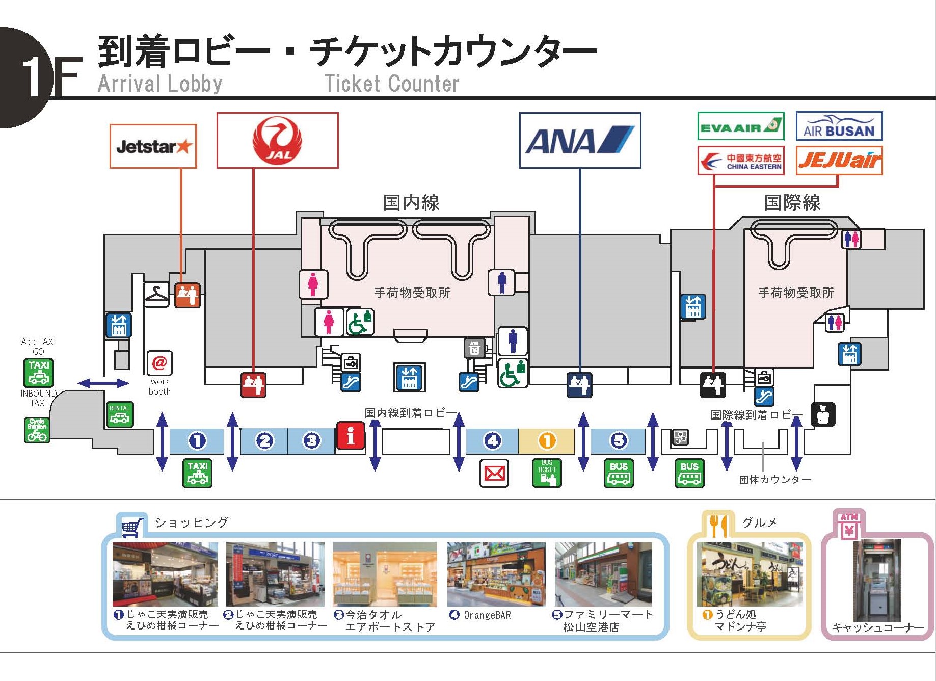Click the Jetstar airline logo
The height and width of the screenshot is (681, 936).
[153, 147]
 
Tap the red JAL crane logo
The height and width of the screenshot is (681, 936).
[278, 140]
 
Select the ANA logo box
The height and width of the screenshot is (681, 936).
[580, 141]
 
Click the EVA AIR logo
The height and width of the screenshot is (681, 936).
[740, 126]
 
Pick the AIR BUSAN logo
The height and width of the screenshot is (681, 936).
[839, 126]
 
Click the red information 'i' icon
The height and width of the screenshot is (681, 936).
[350, 436]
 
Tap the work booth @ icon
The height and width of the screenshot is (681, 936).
[159, 363]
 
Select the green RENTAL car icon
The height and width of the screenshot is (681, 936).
[120, 414]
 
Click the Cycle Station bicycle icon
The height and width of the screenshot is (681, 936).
[37, 430]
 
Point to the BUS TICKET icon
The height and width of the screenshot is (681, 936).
[547, 473]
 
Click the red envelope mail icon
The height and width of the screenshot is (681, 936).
[494, 474]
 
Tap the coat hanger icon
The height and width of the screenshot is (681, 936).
[156, 294]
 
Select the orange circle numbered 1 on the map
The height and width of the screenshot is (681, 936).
[547, 441]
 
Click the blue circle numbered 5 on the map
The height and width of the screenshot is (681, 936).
[619, 440]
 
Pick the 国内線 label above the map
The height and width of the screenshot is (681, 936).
[411, 203]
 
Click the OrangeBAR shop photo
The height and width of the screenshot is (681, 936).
[496, 574]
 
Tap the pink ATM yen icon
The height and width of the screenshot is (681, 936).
[849, 526]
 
